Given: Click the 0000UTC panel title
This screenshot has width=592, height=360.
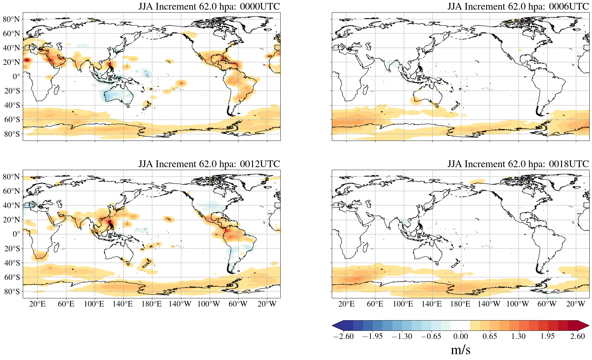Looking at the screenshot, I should coord(209,6).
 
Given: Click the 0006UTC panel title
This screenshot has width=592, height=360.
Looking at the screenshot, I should coord(518,6).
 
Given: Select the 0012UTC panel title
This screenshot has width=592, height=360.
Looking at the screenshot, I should coord(209,164).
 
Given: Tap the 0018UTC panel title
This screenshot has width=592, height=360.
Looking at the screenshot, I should coord(518,164).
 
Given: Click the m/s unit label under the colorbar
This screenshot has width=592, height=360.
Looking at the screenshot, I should coord(460,350).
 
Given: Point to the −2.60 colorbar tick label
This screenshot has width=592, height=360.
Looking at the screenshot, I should coord(343,336).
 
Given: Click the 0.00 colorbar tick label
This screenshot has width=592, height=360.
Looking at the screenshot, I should coord(460,336).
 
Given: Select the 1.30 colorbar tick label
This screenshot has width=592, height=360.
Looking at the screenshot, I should coord(518,336).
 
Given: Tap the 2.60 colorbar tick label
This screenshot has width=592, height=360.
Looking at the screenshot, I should coord(577,336).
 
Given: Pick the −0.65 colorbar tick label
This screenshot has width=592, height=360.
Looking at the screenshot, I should coord(431,336).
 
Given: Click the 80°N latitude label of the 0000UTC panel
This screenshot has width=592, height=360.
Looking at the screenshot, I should coord(11,19).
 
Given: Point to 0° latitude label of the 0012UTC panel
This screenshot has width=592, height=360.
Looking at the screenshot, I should coord(16,234).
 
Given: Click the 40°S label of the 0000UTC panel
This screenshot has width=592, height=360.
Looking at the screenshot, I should coord(12,105).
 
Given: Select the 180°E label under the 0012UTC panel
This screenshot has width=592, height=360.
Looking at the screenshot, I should coord(151,304).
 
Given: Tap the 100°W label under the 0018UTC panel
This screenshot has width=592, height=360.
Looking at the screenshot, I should coord(517,304).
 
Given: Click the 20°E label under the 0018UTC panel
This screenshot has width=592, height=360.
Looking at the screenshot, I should coord(346,304).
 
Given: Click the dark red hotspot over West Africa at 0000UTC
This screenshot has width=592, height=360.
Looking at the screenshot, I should coord(27,60).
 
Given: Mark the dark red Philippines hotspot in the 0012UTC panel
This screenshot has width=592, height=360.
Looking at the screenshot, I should coord(111,225).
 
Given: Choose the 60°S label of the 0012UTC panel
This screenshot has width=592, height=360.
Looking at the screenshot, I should coord(12,277).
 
